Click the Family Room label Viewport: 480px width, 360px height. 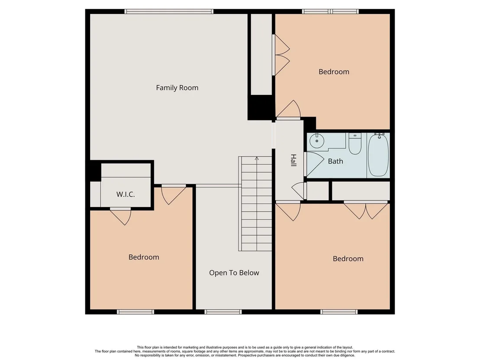tap(177, 88)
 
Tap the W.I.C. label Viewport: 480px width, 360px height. tap(126, 195)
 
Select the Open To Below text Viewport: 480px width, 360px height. tap(234, 273)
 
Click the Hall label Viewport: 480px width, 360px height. tap(293, 160)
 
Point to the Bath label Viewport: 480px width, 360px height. tap(335, 161)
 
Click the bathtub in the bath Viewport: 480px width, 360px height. tap(378, 155)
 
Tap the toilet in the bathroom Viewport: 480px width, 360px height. tap(355, 143)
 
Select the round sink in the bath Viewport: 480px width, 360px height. tap(317, 141)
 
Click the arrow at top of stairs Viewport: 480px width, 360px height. tap(256, 158)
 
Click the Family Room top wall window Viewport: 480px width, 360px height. tap(169, 12)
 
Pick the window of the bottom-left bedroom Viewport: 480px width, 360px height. tap(135, 312)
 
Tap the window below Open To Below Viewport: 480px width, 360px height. tap(223, 312)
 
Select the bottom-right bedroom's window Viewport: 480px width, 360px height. tap(339, 312)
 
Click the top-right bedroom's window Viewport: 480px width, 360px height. tap(330, 12)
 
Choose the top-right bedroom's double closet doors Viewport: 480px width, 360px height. tap(282, 55)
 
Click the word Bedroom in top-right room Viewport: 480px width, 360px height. tap(334, 72)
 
